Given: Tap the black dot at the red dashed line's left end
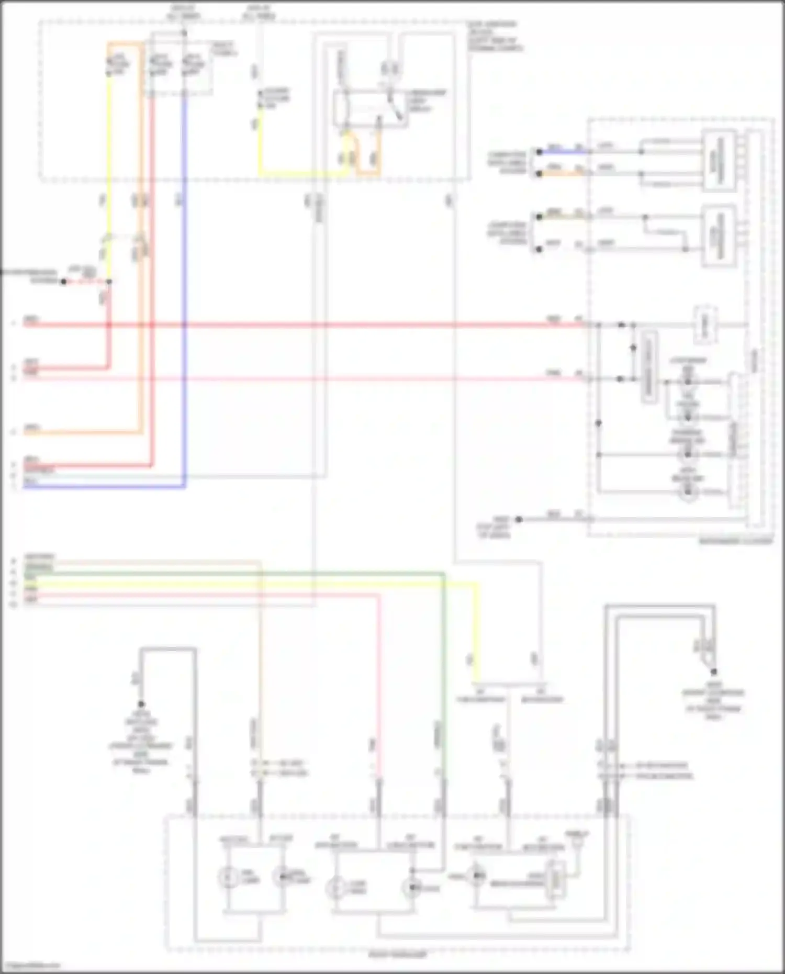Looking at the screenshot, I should (63, 282).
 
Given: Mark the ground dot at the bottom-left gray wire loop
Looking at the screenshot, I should (141, 704).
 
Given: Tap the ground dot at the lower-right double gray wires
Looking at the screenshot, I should (713, 671).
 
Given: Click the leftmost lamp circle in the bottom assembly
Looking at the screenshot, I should (226, 877).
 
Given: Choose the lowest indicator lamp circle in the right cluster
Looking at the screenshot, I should (688, 491).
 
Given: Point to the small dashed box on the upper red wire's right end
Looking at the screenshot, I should (705, 324).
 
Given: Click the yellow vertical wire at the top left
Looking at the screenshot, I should (109, 157).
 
